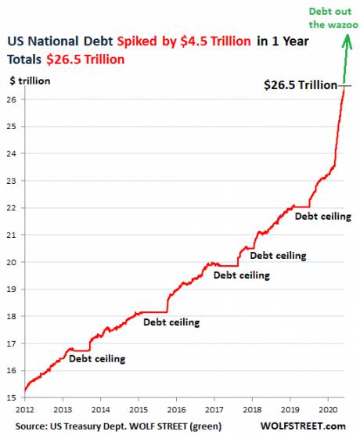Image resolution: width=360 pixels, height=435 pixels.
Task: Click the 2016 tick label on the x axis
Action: [177, 409]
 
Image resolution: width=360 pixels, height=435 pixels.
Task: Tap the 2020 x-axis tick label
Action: [328, 409]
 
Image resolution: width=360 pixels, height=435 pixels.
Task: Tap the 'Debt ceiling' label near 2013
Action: [96, 359]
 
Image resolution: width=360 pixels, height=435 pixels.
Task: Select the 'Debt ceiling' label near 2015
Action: [171, 322]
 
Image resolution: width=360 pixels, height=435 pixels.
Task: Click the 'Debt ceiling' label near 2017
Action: [242, 275]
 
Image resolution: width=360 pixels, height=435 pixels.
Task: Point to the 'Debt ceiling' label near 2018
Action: [278, 255]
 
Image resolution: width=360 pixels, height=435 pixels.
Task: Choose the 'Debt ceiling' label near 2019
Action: [322, 216]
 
